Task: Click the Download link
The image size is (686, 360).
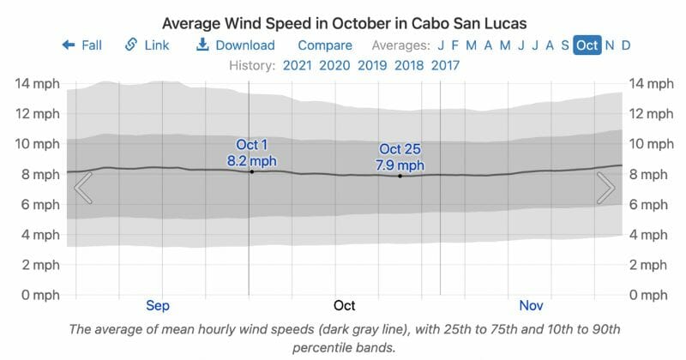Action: (236, 45)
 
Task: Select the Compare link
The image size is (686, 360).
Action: (325, 45)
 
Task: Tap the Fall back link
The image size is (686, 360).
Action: (82, 45)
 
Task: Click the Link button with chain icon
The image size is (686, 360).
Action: (147, 45)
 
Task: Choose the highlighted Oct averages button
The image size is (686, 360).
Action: (587, 45)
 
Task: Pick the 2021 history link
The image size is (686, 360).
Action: (297, 65)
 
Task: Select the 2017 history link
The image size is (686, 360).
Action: (445, 65)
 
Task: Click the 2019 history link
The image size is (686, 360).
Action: (372, 65)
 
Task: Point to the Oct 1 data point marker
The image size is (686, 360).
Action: (252, 172)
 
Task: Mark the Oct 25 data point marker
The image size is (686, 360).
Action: (400, 176)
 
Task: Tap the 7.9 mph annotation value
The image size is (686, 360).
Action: (400, 165)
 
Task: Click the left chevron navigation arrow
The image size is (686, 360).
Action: (83, 188)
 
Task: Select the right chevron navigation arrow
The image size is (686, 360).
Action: (605, 188)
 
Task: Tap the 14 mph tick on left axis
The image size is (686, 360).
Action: (36, 84)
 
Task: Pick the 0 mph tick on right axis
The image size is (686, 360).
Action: (649, 295)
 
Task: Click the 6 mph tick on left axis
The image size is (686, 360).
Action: (39, 205)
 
